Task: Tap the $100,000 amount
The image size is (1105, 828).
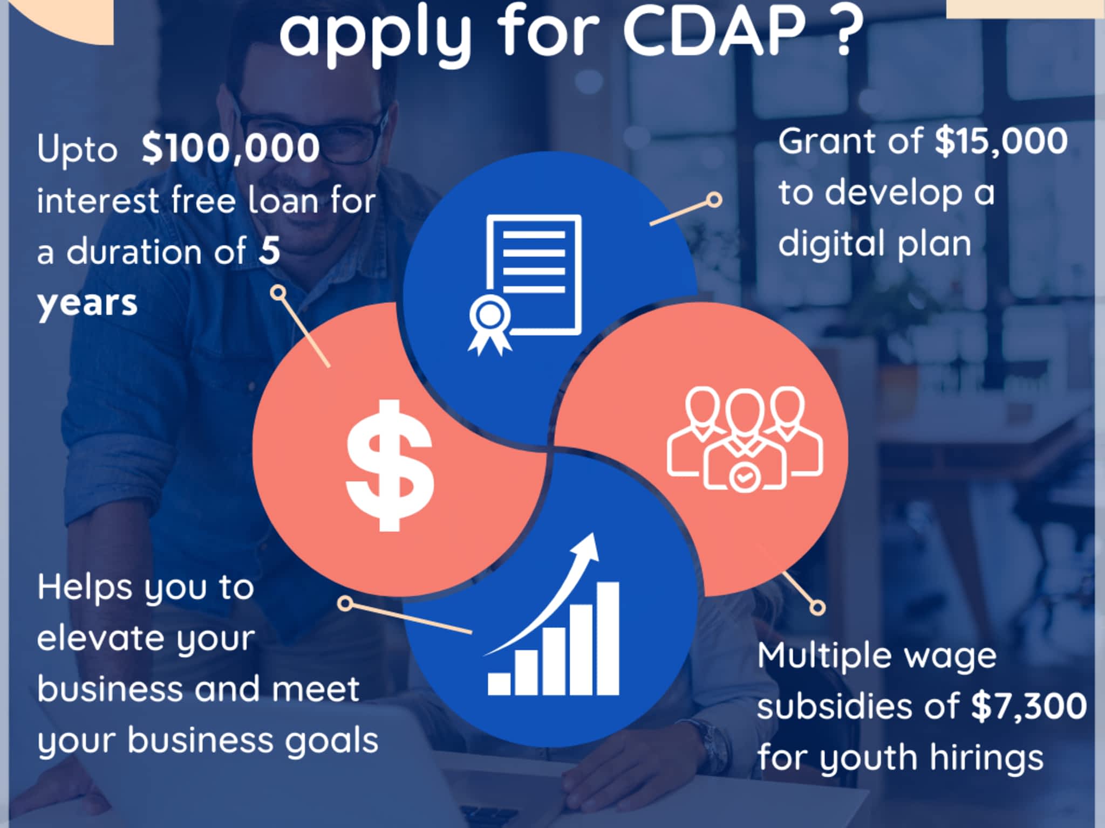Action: point(230,148)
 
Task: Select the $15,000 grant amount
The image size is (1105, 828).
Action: point(1001,142)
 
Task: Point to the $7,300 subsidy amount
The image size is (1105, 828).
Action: point(1028,706)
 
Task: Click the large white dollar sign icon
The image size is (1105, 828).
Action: point(390,465)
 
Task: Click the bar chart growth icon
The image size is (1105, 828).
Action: point(552,614)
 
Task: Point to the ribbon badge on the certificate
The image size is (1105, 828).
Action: point(489,326)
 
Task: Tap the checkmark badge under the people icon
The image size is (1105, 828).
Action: point(744,477)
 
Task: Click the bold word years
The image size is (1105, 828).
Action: point(87,304)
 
